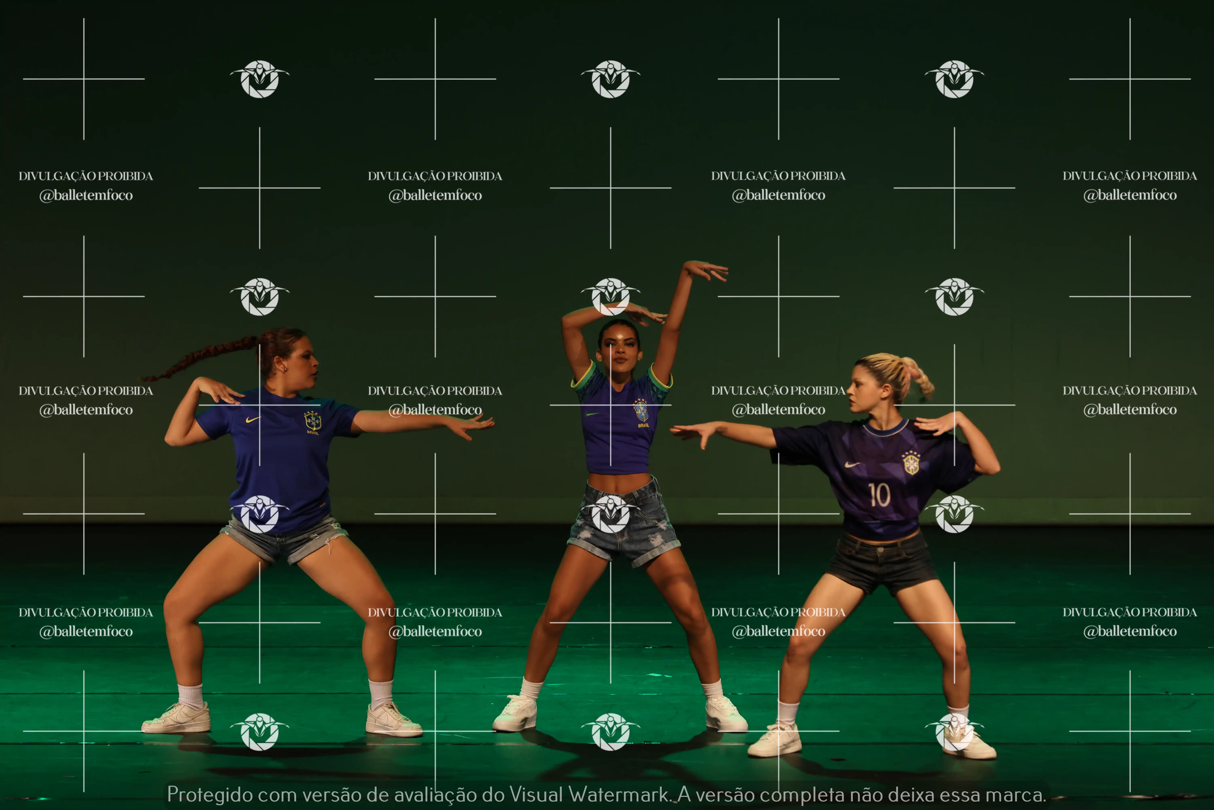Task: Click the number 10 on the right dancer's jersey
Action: [879, 495]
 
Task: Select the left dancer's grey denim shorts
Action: [284, 537]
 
